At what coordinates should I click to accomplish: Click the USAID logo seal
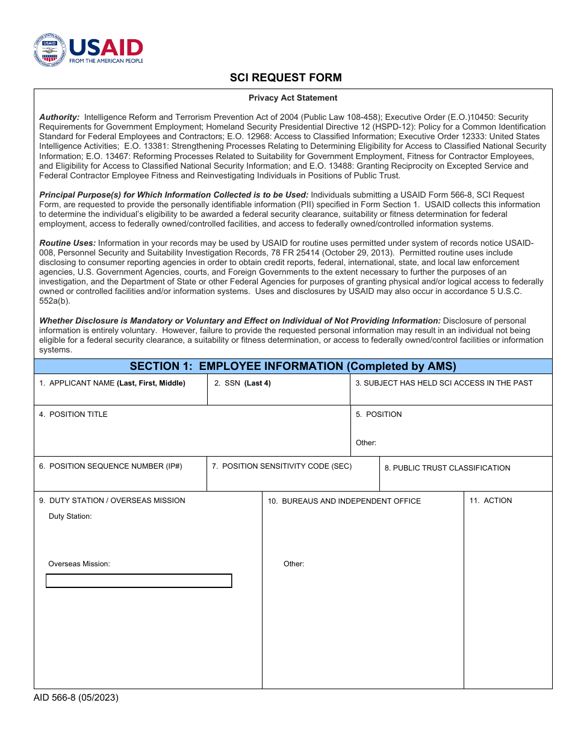49,49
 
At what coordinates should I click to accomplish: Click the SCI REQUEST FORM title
285,78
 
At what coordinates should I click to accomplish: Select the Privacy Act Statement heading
293,98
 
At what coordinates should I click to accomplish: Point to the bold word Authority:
60,117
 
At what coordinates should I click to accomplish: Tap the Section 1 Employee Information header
293,366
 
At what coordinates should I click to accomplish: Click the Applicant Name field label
113,383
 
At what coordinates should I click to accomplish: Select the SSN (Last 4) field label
243,383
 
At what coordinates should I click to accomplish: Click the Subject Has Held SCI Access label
444,383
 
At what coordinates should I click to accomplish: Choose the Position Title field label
73,414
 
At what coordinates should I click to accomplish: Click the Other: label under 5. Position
366,443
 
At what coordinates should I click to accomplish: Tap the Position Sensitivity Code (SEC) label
282,466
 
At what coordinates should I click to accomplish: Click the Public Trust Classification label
447,468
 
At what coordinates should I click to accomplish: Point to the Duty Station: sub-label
70,516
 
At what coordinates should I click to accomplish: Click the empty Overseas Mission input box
138,581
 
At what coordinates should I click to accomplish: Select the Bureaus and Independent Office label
344,501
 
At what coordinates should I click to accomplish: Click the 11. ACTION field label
491,501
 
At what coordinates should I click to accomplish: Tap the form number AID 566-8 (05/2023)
76,698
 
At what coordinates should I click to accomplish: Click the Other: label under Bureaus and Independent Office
294,564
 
